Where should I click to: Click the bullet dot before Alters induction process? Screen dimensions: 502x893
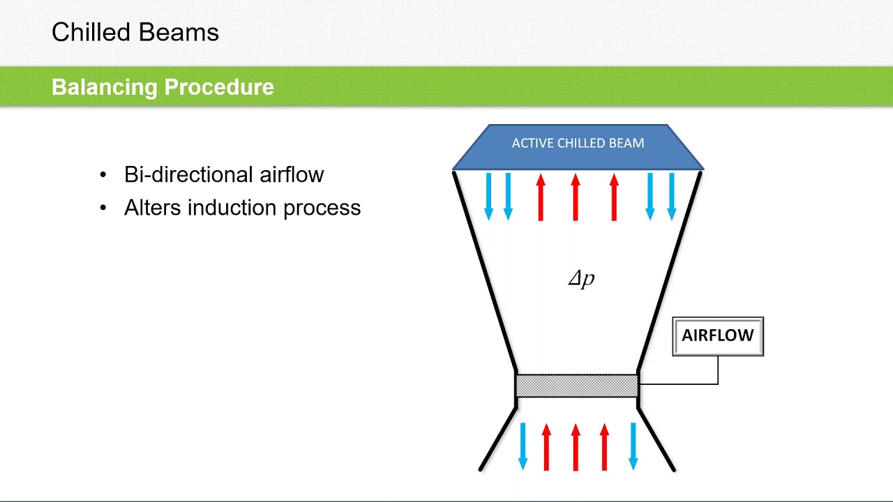click(x=104, y=208)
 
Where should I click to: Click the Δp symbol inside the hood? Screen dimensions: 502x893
click(x=580, y=279)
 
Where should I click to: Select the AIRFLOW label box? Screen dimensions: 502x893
click(x=717, y=336)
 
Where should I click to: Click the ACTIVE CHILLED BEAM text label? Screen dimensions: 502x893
click(x=578, y=143)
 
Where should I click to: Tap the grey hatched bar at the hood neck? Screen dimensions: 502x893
click(x=576, y=386)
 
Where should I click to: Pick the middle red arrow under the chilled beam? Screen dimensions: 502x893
click(x=576, y=197)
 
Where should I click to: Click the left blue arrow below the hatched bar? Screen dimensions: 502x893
click(x=523, y=446)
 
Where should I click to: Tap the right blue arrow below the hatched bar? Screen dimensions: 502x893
click(x=633, y=446)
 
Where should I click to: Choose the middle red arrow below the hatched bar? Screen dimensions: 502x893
click(x=576, y=446)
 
